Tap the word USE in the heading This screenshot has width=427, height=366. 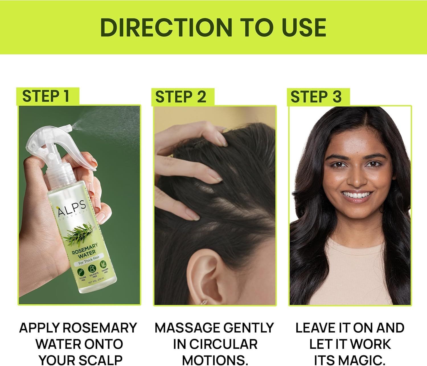[304, 28]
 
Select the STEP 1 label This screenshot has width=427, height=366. [46, 96]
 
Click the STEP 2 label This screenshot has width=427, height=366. [180, 97]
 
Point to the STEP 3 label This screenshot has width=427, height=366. [316, 97]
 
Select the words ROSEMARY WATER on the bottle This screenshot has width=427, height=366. [85, 249]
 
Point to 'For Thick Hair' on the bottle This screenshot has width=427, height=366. [89, 261]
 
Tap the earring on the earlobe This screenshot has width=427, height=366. [204, 302]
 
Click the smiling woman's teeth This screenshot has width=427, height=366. [357, 195]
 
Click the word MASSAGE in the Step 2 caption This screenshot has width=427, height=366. [185, 328]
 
